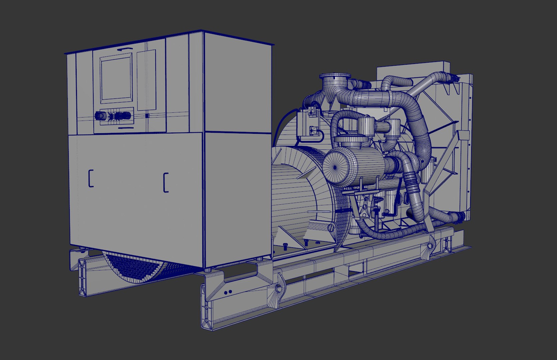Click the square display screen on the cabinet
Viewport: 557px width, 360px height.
[115, 78]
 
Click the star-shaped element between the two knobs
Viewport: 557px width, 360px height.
[111, 116]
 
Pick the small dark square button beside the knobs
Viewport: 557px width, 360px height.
[147, 115]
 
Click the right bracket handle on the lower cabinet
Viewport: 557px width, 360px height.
[166, 182]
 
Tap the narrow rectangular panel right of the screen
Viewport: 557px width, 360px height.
[146, 80]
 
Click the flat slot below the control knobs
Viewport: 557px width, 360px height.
[126, 127]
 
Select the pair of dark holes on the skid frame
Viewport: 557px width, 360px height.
[228, 292]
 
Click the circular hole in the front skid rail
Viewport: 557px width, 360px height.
[278, 289]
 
